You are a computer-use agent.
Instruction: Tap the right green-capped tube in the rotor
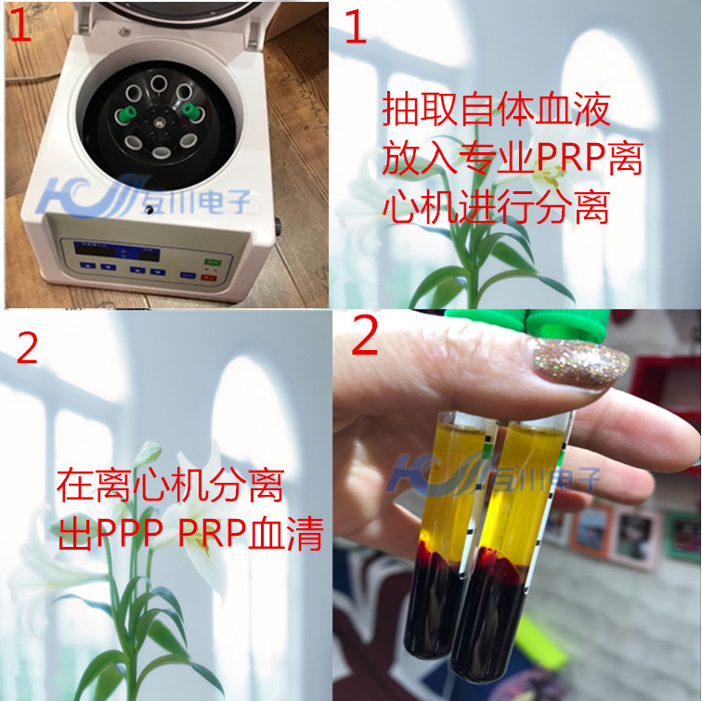[x=192, y=110]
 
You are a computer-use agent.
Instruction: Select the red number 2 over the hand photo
[x=365, y=339]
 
